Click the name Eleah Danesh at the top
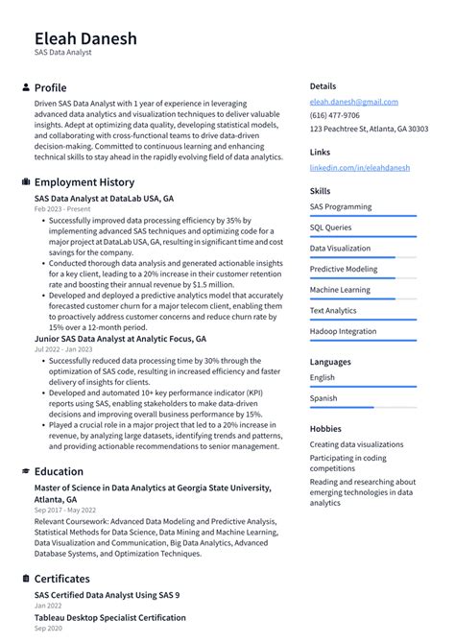pyautogui.click(x=85, y=38)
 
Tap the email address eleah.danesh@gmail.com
pyautogui.click(x=353, y=102)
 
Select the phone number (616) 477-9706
pyautogui.click(x=335, y=115)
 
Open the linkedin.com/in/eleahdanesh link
pyautogui.click(x=359, y=167)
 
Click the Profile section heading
pyautogui.click(x=50, y=87)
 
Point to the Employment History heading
pyautogui.click(x=84, y=182)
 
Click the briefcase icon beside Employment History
pyautogui.click(x=25, y=182)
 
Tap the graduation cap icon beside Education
pyautogui.click(x=25, y=471)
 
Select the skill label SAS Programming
pyautogui.click(x=341, y=207)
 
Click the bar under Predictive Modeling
pyautogui.click(x=363, y=278)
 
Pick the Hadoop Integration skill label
pyautogui.click(x=343, y=331)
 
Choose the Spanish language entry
pyautogui.click(x=323, y=398)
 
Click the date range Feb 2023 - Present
pyautogui.click(x=62, y=208)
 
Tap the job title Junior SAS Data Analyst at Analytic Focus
pyautogui.click(x=120, y=339)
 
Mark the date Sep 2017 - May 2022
pyautogui.click(x=66, y=511)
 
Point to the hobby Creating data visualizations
pyautogui.click(x=356, y=444)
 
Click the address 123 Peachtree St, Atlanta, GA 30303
pyautogui.click(x=369, y=129)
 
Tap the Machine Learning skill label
pyautogui.click(x=339, y=290)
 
